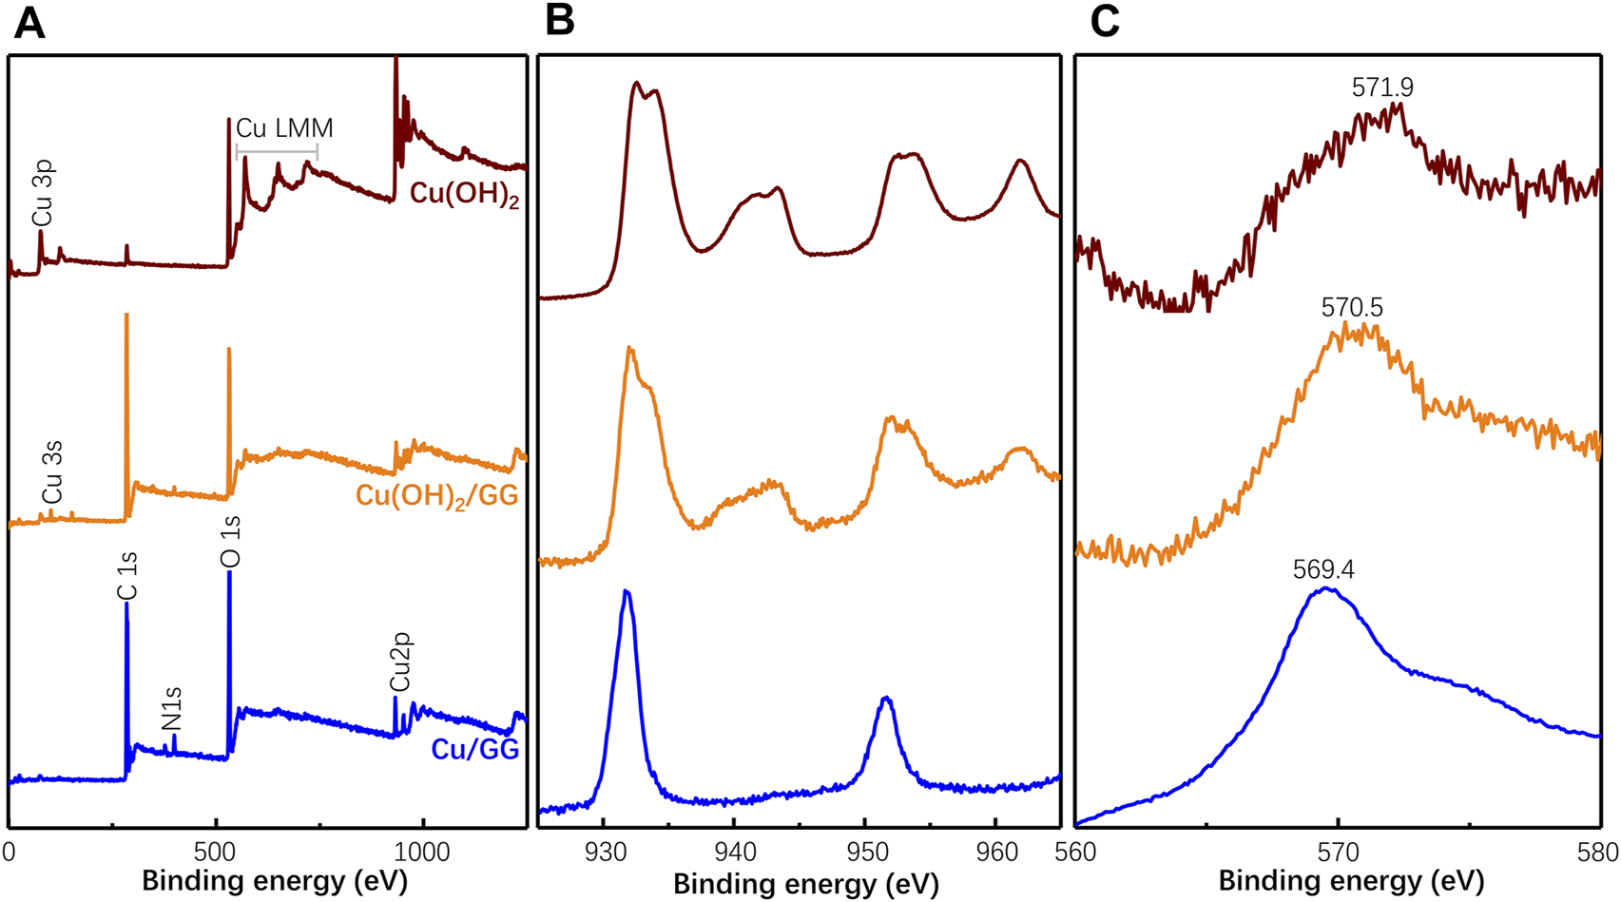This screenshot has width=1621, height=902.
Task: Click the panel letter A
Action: pos(29,22)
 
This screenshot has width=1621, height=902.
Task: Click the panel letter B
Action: pos(559,22)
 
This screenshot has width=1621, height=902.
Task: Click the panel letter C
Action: pos(1104,22)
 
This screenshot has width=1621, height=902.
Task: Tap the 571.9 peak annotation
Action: pos(1382,88)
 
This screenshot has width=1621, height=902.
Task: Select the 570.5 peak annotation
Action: pos(1352,308)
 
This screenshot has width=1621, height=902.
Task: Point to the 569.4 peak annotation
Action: pos(1323,569)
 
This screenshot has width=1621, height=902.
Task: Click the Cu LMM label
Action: pos(284,128)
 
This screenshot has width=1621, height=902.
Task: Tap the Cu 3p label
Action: pos(43,194)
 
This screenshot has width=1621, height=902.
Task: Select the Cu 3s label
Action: pos(52,472)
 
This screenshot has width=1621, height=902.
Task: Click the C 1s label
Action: pos(127,577)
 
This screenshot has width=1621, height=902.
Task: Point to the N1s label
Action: pos(172,709)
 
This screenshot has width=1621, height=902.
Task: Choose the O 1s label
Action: pos(230,542)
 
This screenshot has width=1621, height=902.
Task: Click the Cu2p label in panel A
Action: pos(400,662)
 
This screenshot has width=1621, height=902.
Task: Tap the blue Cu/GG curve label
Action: pos(474,750)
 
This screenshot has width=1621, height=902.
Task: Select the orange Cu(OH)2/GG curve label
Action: pos(437,496)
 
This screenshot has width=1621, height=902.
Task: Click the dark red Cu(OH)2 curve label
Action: pos(464,194)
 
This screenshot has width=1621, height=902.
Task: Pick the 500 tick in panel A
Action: pos(215,852)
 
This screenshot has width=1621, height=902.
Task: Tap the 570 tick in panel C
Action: pos(1338,853)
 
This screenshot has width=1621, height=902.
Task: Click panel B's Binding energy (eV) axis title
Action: pos(805,884)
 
